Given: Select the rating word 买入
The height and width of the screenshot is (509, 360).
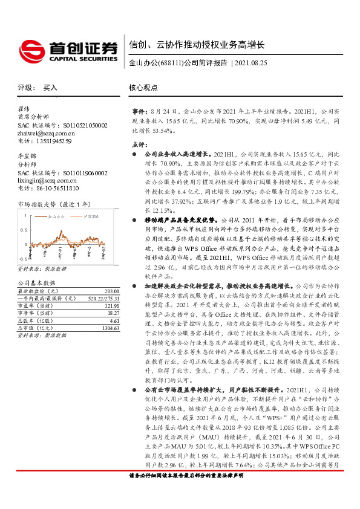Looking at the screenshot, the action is [x=50, y=88].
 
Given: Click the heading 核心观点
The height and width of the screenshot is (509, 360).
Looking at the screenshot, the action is [x=144, y=88].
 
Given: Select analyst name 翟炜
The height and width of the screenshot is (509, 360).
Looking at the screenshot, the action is [x=24, y=109].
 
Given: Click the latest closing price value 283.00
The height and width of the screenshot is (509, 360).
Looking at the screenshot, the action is [x=112, y=291].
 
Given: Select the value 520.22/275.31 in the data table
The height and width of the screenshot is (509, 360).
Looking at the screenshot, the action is [x=102, y=299].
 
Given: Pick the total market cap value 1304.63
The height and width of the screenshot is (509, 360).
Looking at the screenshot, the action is [x=110, y=328].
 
